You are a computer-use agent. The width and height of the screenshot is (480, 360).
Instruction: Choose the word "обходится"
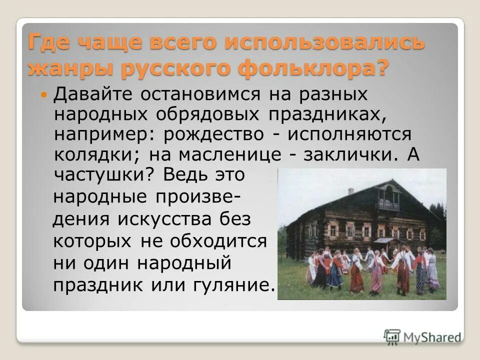coord(218,241)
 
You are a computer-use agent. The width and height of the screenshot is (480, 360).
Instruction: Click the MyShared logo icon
coord(392,337)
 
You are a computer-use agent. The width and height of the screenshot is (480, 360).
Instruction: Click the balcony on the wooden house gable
coord(388,205)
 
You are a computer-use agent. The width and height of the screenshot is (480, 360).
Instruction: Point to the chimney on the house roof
coord(351,191)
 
